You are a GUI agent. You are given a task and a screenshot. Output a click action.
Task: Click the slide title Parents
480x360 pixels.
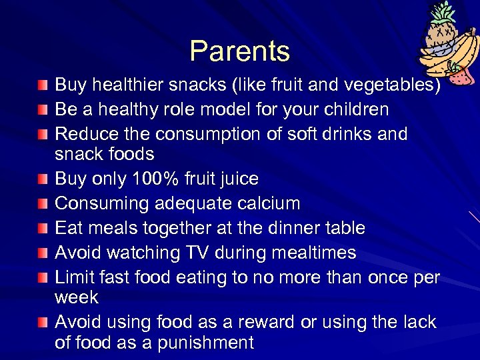tap(239, 51)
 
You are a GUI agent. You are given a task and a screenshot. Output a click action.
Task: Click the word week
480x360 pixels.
tap(76, 297)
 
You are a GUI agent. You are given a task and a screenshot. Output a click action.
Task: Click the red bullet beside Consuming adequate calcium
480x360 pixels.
tap(43, 204)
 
